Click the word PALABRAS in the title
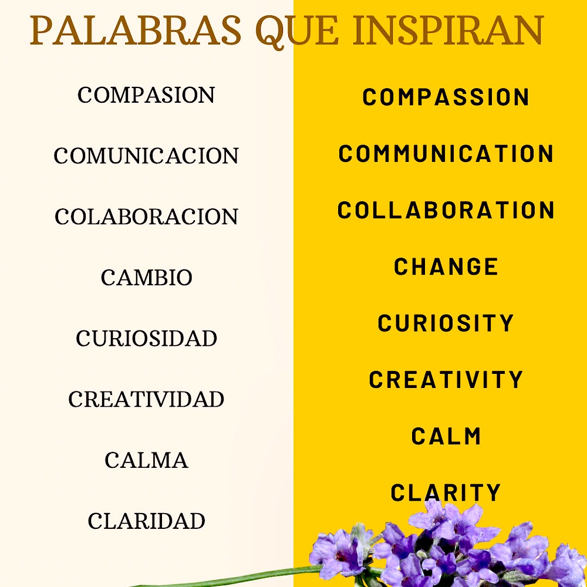pos(136,31)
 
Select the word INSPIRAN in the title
pos(448,31)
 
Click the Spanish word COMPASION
pos(146,95)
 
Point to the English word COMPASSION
pos(446,97)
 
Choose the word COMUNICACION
pos(146,156)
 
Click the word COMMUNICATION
pos(446,153)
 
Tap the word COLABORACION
pos(146,217)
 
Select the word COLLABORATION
pos(446,210)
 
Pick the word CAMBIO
pos(146,278)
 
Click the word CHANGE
pos(446,266)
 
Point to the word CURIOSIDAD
pos(146,339)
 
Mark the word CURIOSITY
pos(446,323)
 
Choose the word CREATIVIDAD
pos(146,399)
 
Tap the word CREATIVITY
pos(446,379)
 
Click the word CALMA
pos(146,460)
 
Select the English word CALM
pos(446,436)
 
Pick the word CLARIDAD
pos(146,521)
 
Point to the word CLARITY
pos(446,492)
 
